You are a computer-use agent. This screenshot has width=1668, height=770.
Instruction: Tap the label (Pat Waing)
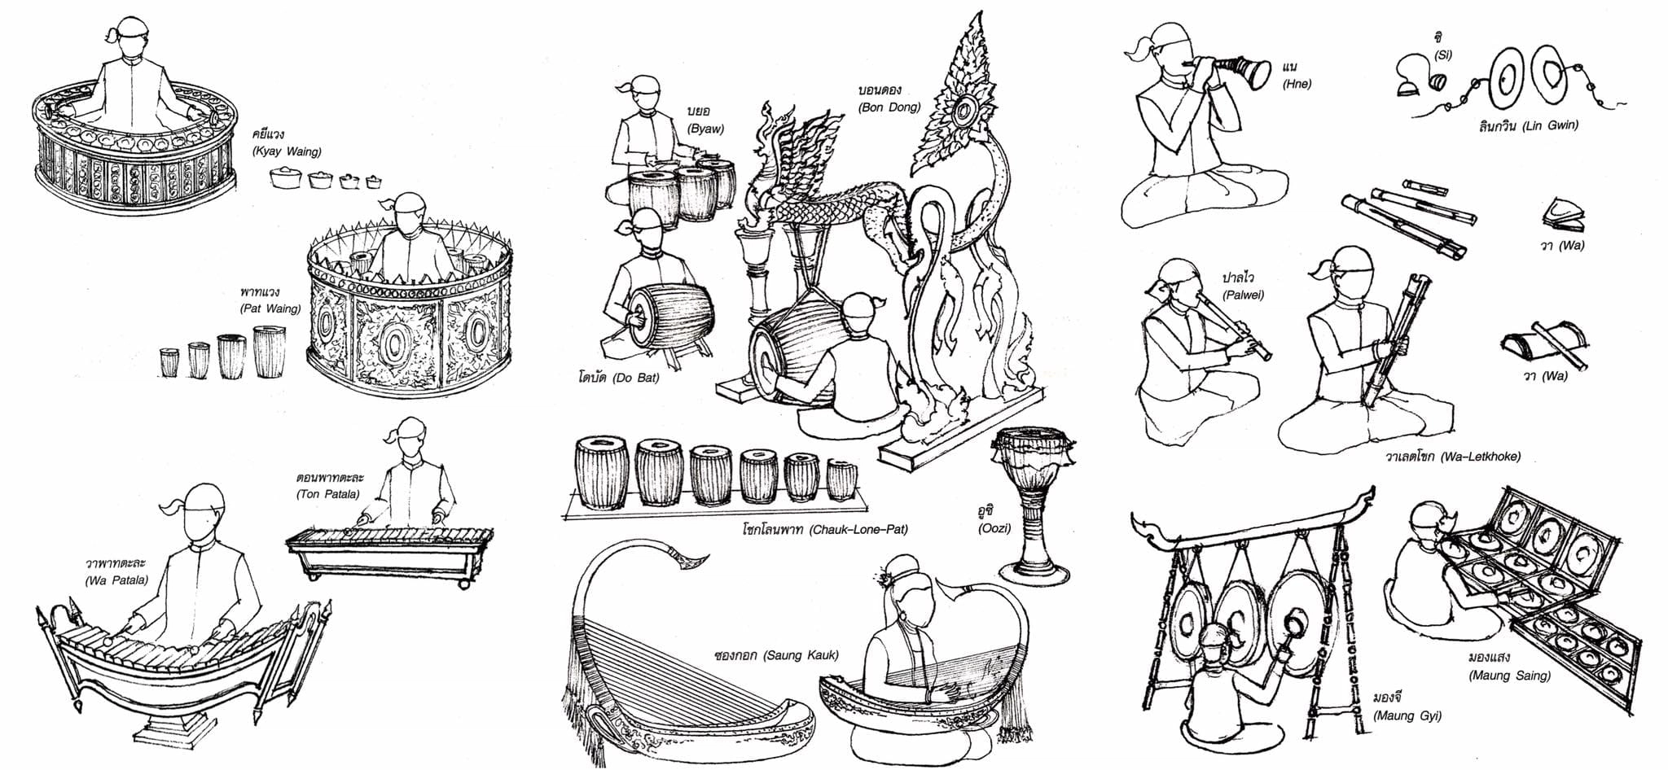coord(270,308)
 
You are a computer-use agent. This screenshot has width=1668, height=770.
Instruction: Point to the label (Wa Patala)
coord(116,580)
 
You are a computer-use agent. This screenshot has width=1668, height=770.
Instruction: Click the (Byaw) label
coord(705,129)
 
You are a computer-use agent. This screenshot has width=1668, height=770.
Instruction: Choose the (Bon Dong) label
coord(889,107)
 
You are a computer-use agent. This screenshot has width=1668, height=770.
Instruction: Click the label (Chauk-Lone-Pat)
coord(858,530)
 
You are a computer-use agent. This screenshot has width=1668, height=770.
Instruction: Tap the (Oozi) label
coord(994,528)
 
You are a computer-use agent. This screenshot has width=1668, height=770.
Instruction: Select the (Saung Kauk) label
coord(801,655)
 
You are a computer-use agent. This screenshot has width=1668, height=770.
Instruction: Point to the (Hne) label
coord(1297,83)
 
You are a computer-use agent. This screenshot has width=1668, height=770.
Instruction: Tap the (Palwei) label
coord(1244,295)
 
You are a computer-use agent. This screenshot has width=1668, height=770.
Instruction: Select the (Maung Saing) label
coord(1509,675)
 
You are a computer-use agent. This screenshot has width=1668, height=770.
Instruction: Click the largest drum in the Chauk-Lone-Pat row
coord(601,474)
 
